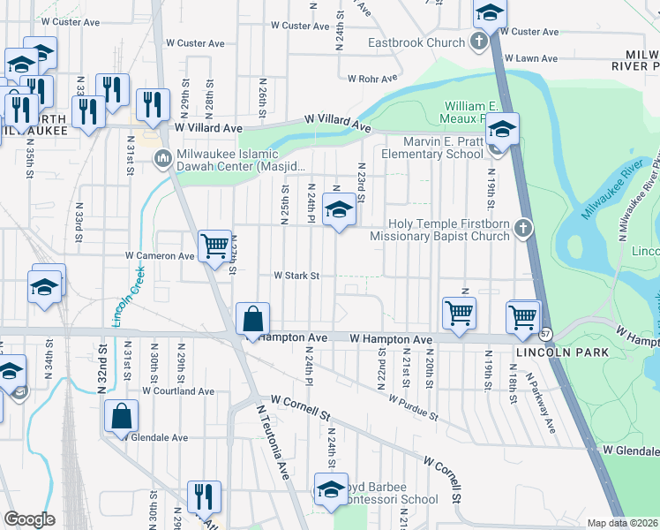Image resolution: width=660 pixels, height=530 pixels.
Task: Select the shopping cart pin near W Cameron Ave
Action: (214, 246)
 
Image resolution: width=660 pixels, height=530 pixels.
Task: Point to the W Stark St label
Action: (296, 276)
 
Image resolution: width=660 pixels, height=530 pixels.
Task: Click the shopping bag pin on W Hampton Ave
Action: (253, 319)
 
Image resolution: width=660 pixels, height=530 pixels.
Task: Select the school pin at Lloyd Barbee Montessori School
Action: (330, 490)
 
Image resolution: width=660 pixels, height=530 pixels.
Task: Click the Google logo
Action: (29, 519)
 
